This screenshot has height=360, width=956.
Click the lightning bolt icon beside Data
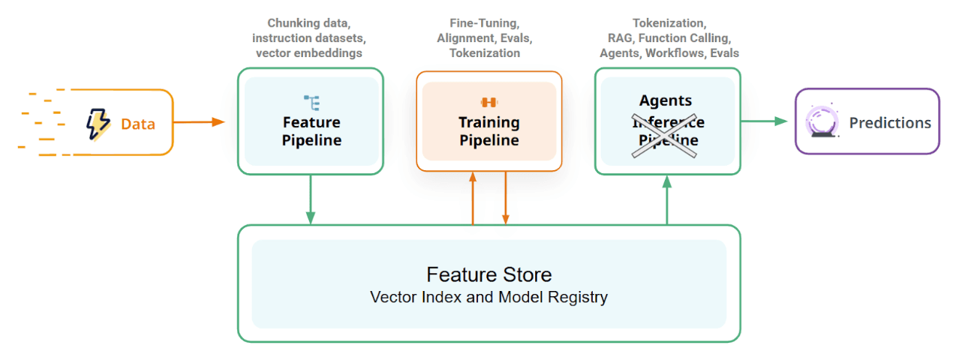(98, 124)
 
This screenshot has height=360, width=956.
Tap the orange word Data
(138, 124)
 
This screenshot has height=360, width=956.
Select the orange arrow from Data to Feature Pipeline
(200, 121)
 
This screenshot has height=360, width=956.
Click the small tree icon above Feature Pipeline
(311, 102)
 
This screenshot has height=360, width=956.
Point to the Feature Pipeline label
(311, 131)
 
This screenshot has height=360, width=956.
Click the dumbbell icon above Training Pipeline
(489, 102)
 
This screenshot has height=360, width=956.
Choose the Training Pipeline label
(489, 131)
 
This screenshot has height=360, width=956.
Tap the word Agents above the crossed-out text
(666, 100)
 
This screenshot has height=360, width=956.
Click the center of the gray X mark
(666, 131)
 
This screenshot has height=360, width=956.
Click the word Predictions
(890, 123)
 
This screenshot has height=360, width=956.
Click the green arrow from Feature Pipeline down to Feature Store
(311, 199)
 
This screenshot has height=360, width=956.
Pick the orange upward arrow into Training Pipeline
(473, 198)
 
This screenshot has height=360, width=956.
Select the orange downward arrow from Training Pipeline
(506, 198)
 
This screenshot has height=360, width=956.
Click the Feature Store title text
(489, 274)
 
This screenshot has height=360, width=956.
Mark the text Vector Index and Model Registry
(489, 297)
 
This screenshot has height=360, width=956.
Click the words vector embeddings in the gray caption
(309, 53)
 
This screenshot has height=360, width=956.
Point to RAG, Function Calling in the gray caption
(669, 38)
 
